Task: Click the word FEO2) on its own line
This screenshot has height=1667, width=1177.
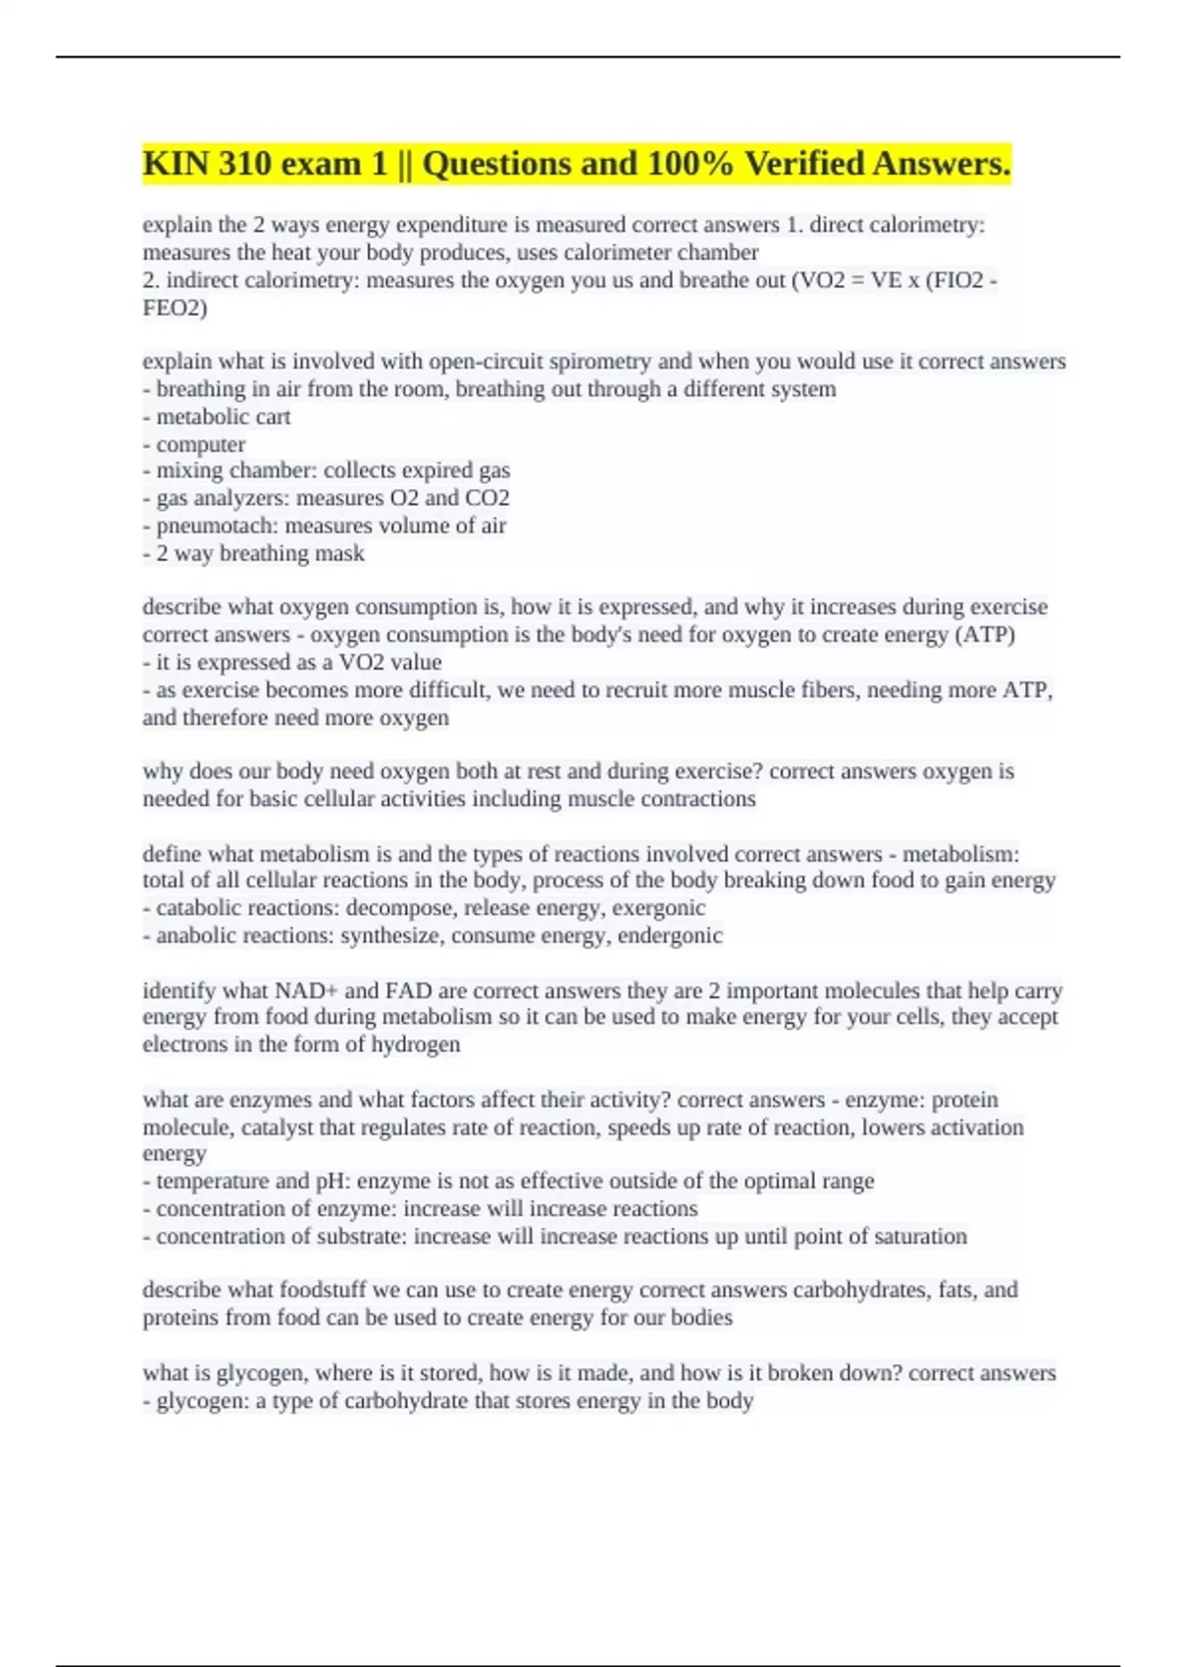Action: [x=175, y=308]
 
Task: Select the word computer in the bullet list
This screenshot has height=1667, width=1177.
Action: [x=200, y=444]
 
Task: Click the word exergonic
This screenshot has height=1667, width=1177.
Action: [x=658, y=908]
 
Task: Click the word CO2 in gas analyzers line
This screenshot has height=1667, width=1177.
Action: [x=487, y=498]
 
